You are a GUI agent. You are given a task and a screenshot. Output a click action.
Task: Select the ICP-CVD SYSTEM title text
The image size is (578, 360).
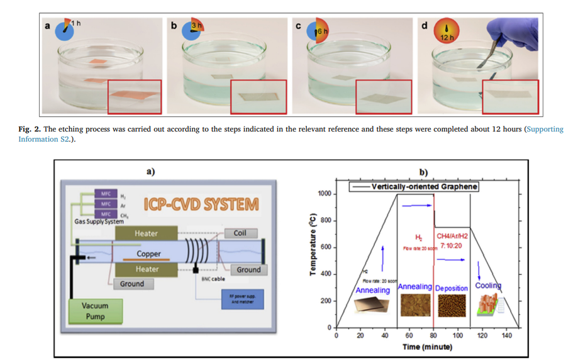click(x=201, y=205)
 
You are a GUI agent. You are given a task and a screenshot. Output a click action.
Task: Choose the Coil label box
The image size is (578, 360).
click(x=240, y=233)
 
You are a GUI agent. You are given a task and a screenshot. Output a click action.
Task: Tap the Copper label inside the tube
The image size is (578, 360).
click(x=153, y=254)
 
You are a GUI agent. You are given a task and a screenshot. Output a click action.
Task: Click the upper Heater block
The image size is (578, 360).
click(x=147, y=233)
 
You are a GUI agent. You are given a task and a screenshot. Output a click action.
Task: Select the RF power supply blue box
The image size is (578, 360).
click(x=238, y=298)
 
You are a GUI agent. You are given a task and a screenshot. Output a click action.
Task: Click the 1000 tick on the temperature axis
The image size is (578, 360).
click(x=323, y=194)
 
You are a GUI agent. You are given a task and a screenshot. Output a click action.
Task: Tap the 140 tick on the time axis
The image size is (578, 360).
click(x=506, y=335)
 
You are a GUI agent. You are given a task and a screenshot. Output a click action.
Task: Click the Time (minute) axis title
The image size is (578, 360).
click(x=427, y=347)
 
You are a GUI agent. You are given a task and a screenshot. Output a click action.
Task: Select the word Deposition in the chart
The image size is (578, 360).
click(x=452, y=288)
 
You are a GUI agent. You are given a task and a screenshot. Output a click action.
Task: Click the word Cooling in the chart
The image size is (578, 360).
click(x=488, y=286)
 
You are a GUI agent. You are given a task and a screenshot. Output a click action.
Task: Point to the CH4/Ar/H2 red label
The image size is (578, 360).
click(x=452, y=236)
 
